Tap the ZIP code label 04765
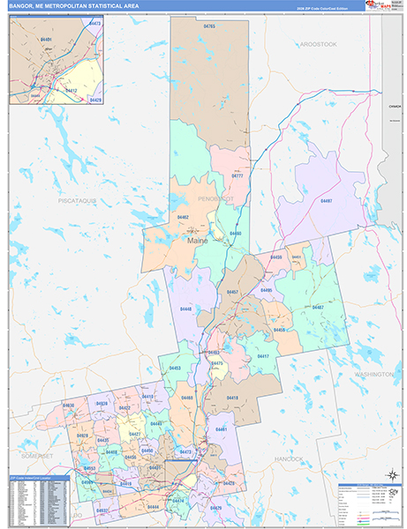tap(208, 27)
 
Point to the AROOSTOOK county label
tap(318, 43)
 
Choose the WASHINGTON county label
tap(374, 374)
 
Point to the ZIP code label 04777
tap(237, 176)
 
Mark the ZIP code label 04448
tap(185, 309)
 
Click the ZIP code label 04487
tap(316, 307)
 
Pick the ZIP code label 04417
tap(261, 356)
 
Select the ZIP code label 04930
tap(68, 405)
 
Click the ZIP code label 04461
tap(221, 428)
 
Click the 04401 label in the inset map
tap(46, 40)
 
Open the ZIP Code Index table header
tap(31, 477)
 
